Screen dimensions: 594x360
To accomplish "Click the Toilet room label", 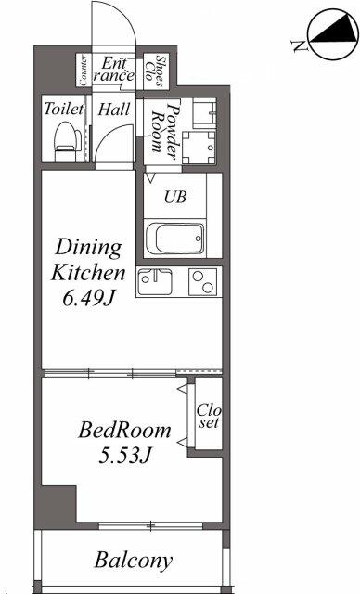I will [62, 110].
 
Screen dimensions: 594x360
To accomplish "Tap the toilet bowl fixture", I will [65, 140].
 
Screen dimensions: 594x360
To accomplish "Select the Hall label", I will [115, 110].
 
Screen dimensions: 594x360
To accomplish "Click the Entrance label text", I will [116, 70].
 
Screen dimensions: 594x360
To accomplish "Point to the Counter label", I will [84, 70].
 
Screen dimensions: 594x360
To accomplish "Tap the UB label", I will [174, 197].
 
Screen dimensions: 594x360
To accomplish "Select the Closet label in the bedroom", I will [207, 417].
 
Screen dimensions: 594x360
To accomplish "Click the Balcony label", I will [133, 560].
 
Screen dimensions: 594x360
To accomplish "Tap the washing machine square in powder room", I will [199, 146].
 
